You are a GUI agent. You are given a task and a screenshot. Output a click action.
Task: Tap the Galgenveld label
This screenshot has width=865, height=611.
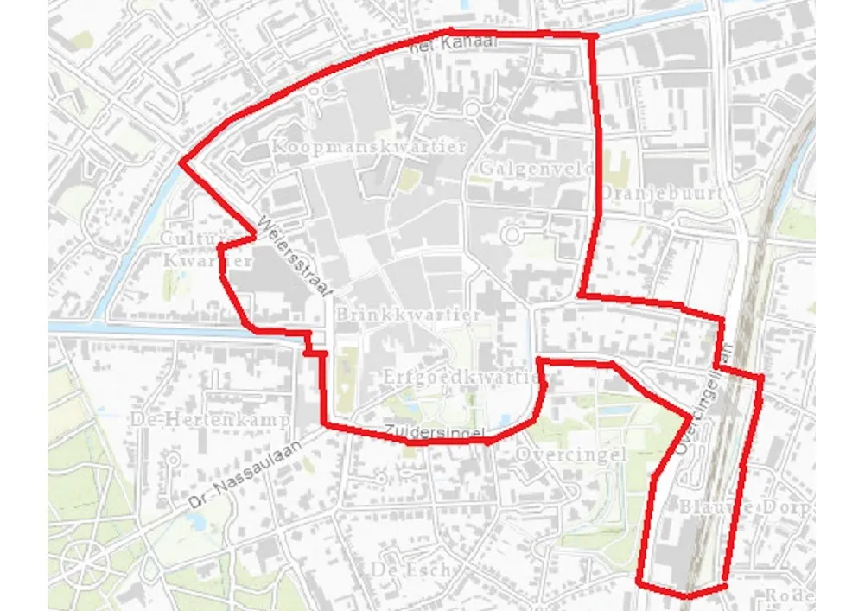526,167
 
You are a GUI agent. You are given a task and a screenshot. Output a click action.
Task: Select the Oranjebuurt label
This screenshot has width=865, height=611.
660,192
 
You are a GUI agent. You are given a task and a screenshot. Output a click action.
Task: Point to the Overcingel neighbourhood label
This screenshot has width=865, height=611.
570,454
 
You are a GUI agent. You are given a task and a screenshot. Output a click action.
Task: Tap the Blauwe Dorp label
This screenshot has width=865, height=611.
744,505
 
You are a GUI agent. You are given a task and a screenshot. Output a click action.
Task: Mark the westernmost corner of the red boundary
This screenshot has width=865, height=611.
181,162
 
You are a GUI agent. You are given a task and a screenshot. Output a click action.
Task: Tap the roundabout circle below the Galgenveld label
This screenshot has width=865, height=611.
516,234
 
